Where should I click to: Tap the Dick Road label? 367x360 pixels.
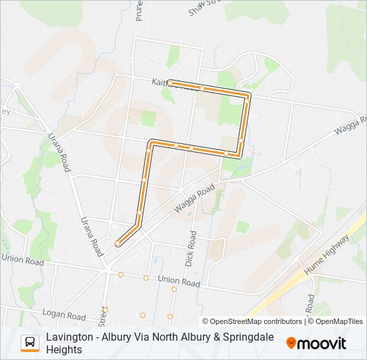(192, 249)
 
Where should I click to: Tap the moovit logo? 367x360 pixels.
(316, 343)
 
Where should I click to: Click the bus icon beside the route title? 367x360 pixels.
(30, 343)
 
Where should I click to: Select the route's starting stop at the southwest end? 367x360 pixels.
(117, 244)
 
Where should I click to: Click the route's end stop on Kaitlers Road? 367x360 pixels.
(170, 83)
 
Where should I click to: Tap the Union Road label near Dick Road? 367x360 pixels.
(179, 281)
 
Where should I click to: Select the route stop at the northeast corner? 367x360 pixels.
(247, 99)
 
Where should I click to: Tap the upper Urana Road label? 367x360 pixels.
(59, 152)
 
